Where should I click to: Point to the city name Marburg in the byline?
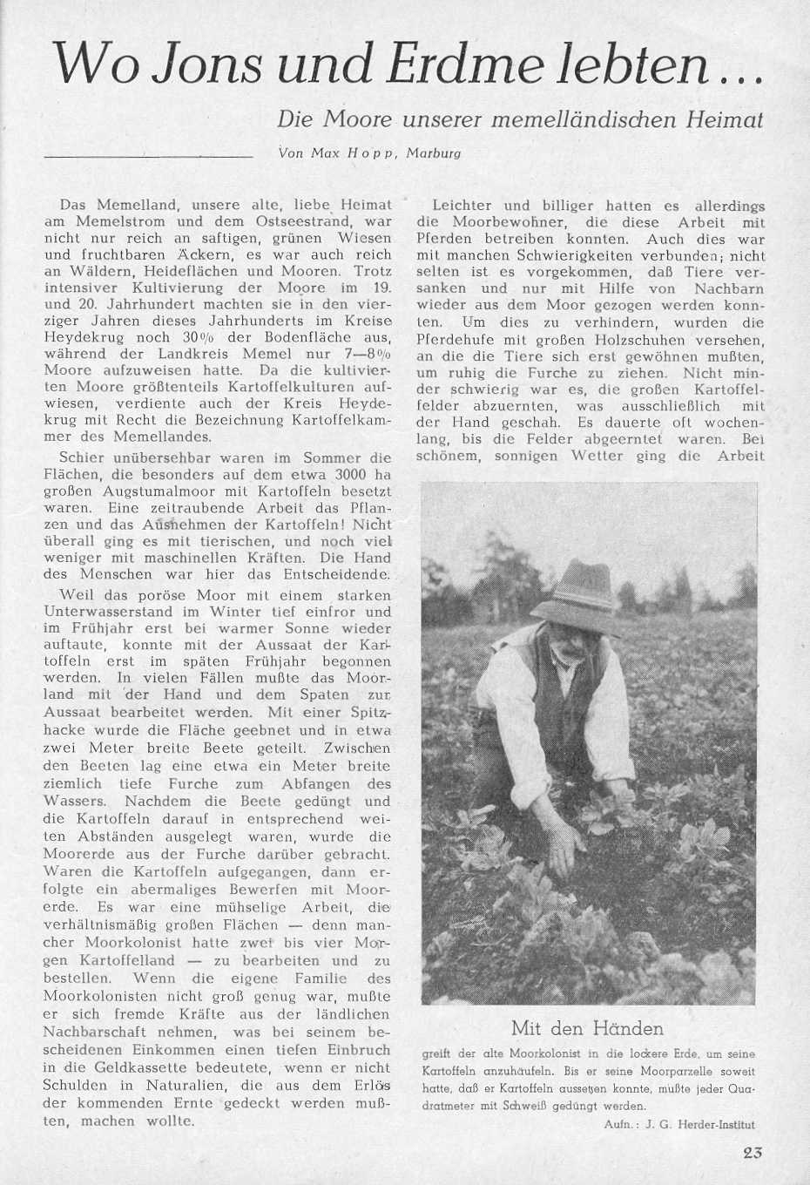click(x=434, y=153)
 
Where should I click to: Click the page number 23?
click(x=754, y=1152)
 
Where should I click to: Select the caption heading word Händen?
click(x=627, y=1028)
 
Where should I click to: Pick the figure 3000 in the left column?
click(x=326, y=475)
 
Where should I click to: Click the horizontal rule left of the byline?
click(x=148, y=156)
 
